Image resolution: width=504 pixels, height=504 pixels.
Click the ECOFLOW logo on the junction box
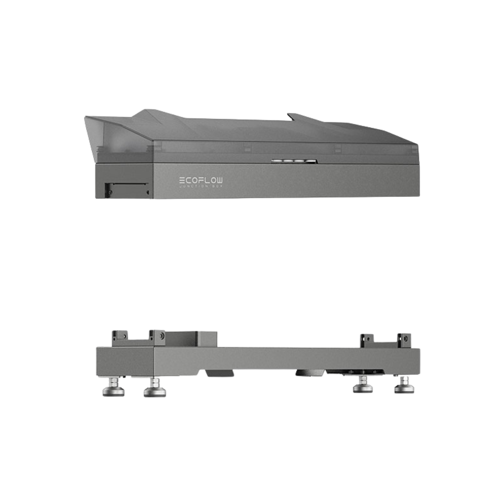tap(201, 180)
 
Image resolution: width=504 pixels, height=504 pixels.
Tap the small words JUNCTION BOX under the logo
tap(201, 186)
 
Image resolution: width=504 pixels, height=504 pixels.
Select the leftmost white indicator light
tap(278, 161)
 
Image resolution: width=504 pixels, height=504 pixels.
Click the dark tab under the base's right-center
tap(309, 372)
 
